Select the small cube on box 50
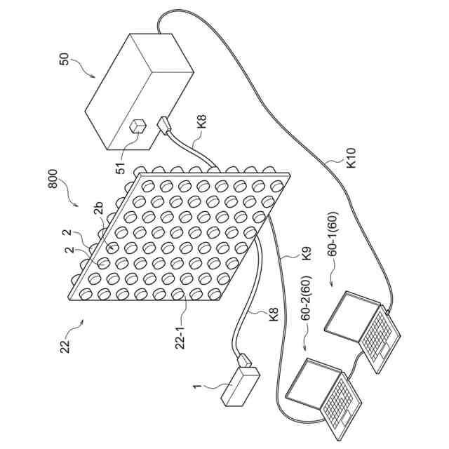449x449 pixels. [x=138, y=126]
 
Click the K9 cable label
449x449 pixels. [x=307, y=253]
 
